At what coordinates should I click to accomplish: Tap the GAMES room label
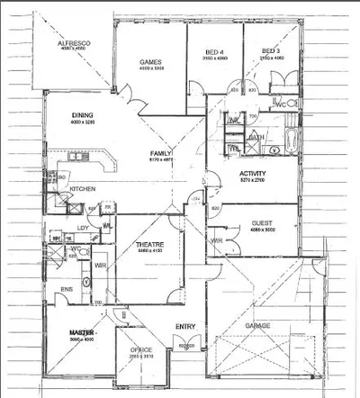coord(149,61)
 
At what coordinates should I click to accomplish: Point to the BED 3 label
coord(271,51)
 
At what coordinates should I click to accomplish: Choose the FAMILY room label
coord(162,154)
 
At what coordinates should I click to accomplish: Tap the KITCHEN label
coord(84,188)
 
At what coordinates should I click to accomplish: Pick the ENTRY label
coord(185,326)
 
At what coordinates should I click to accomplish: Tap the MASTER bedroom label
coord(83,333)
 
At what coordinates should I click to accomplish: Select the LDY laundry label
coord(82,228)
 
